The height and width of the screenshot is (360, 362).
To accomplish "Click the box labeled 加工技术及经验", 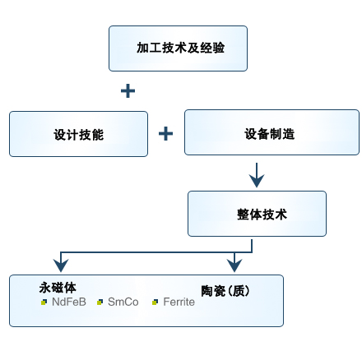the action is (178, 48).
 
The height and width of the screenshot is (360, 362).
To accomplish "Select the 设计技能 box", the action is (78, 134).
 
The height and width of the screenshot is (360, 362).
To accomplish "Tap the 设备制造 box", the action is (271, 132).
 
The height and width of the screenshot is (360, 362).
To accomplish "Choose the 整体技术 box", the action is (257, 214).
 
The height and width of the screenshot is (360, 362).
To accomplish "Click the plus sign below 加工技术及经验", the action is (128, 90).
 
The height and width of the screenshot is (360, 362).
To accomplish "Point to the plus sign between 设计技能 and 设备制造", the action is (165, 134).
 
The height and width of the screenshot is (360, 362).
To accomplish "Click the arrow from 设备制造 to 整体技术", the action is (257, 175).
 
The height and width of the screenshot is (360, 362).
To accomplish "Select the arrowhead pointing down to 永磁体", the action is (61, 265).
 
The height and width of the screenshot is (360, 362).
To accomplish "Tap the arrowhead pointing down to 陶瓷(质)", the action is (234, 265).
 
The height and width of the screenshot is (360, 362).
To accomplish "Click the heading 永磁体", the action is (58, 288).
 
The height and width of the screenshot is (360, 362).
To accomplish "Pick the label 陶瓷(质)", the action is (225, 291).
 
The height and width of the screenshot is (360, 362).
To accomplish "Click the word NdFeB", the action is (69, 302).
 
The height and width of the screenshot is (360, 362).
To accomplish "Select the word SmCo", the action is (123, 302).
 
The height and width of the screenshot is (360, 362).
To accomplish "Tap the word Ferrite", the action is (179, 302).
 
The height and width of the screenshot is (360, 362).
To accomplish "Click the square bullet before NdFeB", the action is (44, 302).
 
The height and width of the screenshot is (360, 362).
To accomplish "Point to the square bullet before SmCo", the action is (100, 302).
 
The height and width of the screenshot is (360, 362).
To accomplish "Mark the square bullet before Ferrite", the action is (155, 302).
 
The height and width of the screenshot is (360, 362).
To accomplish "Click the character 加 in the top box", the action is (142, 48).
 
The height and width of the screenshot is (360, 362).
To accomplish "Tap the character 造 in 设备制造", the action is (289, 134).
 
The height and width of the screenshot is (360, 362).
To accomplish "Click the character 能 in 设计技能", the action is (98, 135).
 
